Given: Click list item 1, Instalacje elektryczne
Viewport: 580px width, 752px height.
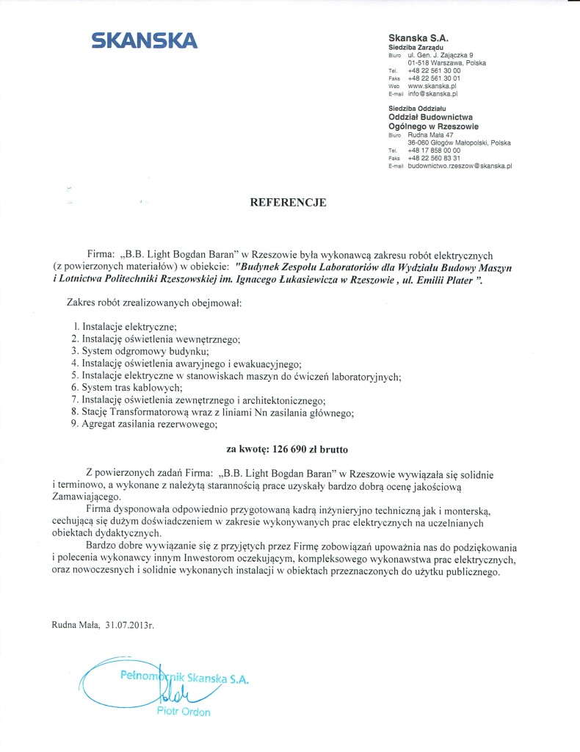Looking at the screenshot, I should (x=129, y=327).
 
